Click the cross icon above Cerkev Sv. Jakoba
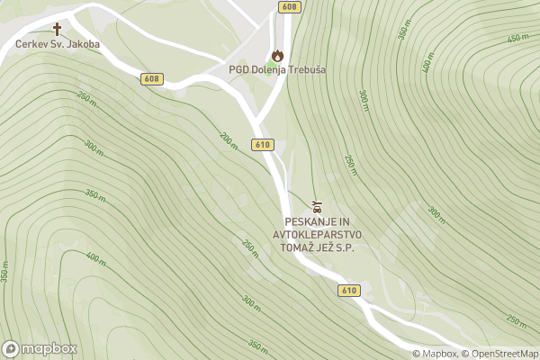(x=58, y=29)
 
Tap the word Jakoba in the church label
(x=81, y=43)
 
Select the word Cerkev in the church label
(x=31, y=43)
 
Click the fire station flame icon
(x=277, y=55)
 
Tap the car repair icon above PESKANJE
(x=316, y=206)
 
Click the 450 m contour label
(x=517, y=37)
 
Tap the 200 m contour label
(x=229, y=139)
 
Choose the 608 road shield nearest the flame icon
(x=288, y=7)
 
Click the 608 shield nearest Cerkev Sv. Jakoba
(x=151, y=79)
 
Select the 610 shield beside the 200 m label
(x=263, y=145)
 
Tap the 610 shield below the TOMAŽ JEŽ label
(x=349, y=291)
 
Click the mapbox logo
(x=40, y=348)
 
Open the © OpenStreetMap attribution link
(x=499, y=354)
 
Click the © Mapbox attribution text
(x=435, y=354)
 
